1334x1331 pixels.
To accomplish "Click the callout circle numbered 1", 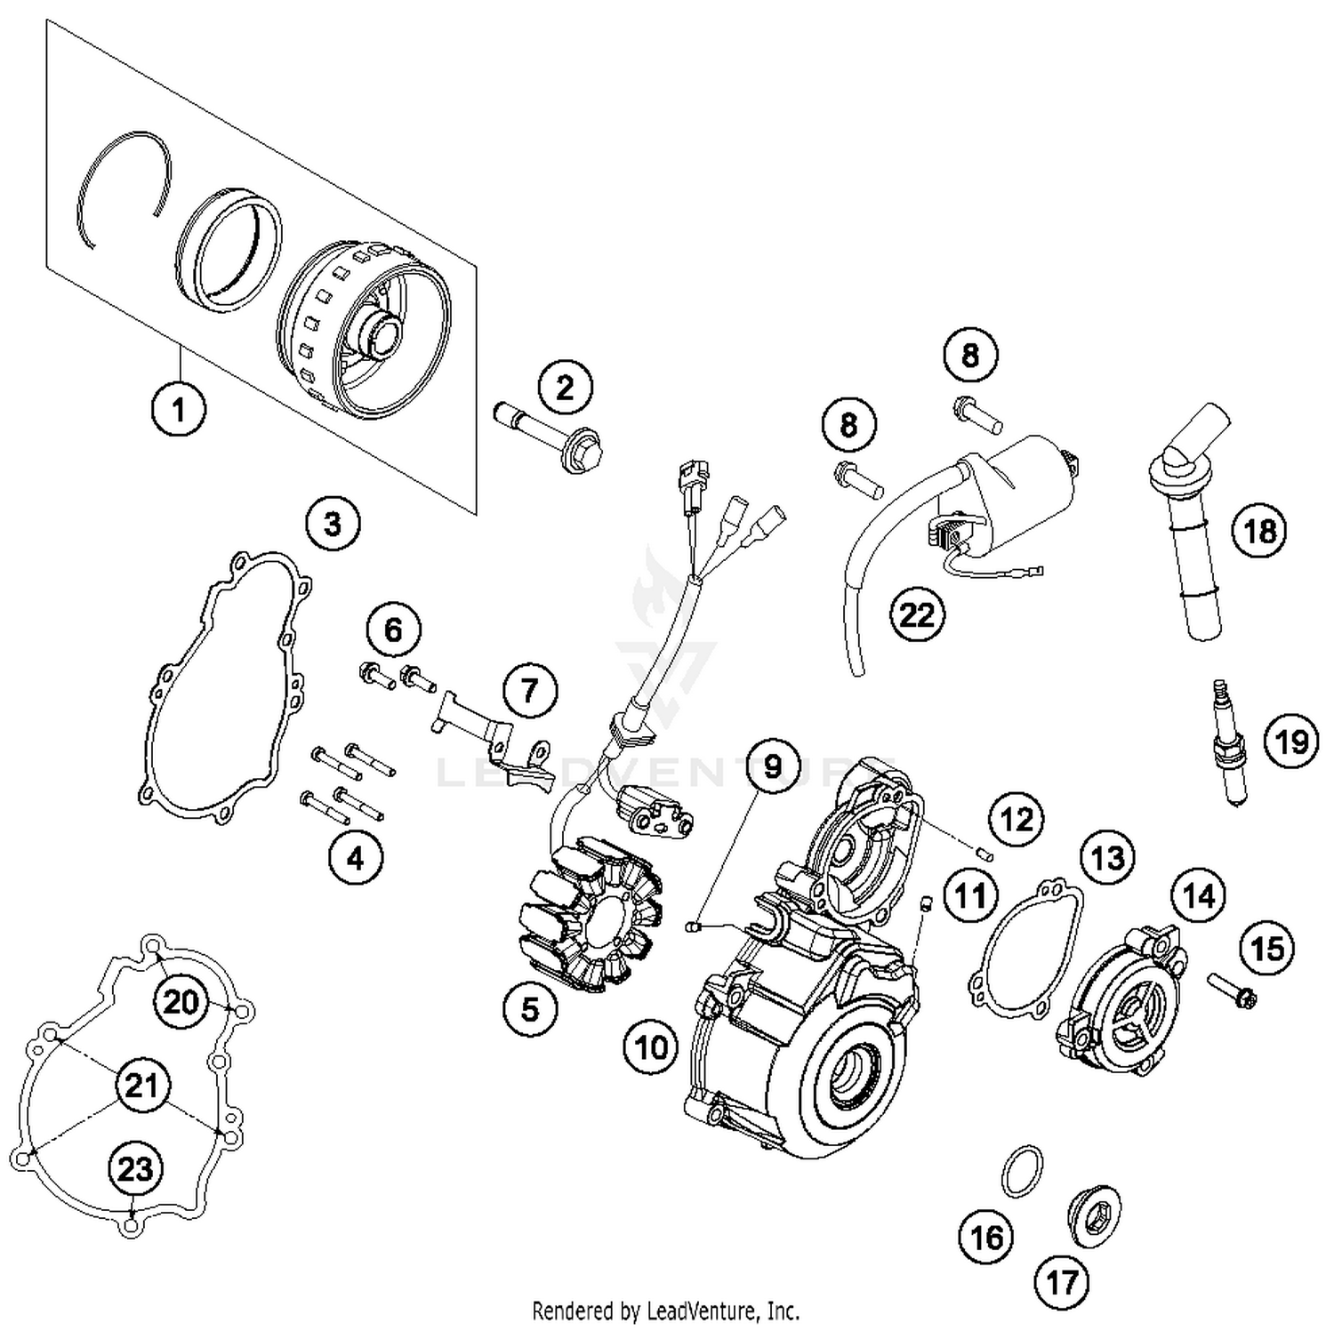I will coord(179,410).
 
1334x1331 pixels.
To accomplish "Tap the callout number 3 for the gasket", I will coord(333,524).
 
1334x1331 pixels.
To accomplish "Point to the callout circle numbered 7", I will coord(529,690).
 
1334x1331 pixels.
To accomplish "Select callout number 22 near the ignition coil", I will coord(917,614).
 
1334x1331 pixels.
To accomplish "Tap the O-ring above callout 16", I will coord(1022,1171).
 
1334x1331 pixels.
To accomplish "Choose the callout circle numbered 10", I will coord(651,1046).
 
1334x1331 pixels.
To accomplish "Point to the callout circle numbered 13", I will coord(1107,858).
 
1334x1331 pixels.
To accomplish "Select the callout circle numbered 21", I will coord(141,1086).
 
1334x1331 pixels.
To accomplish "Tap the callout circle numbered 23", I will coord(135,1168).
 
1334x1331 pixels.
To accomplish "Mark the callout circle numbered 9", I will coord(772,766).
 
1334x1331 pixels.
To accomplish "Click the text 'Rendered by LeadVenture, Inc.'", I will coord(665,1311).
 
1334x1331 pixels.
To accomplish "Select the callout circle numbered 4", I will coord(355,858).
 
